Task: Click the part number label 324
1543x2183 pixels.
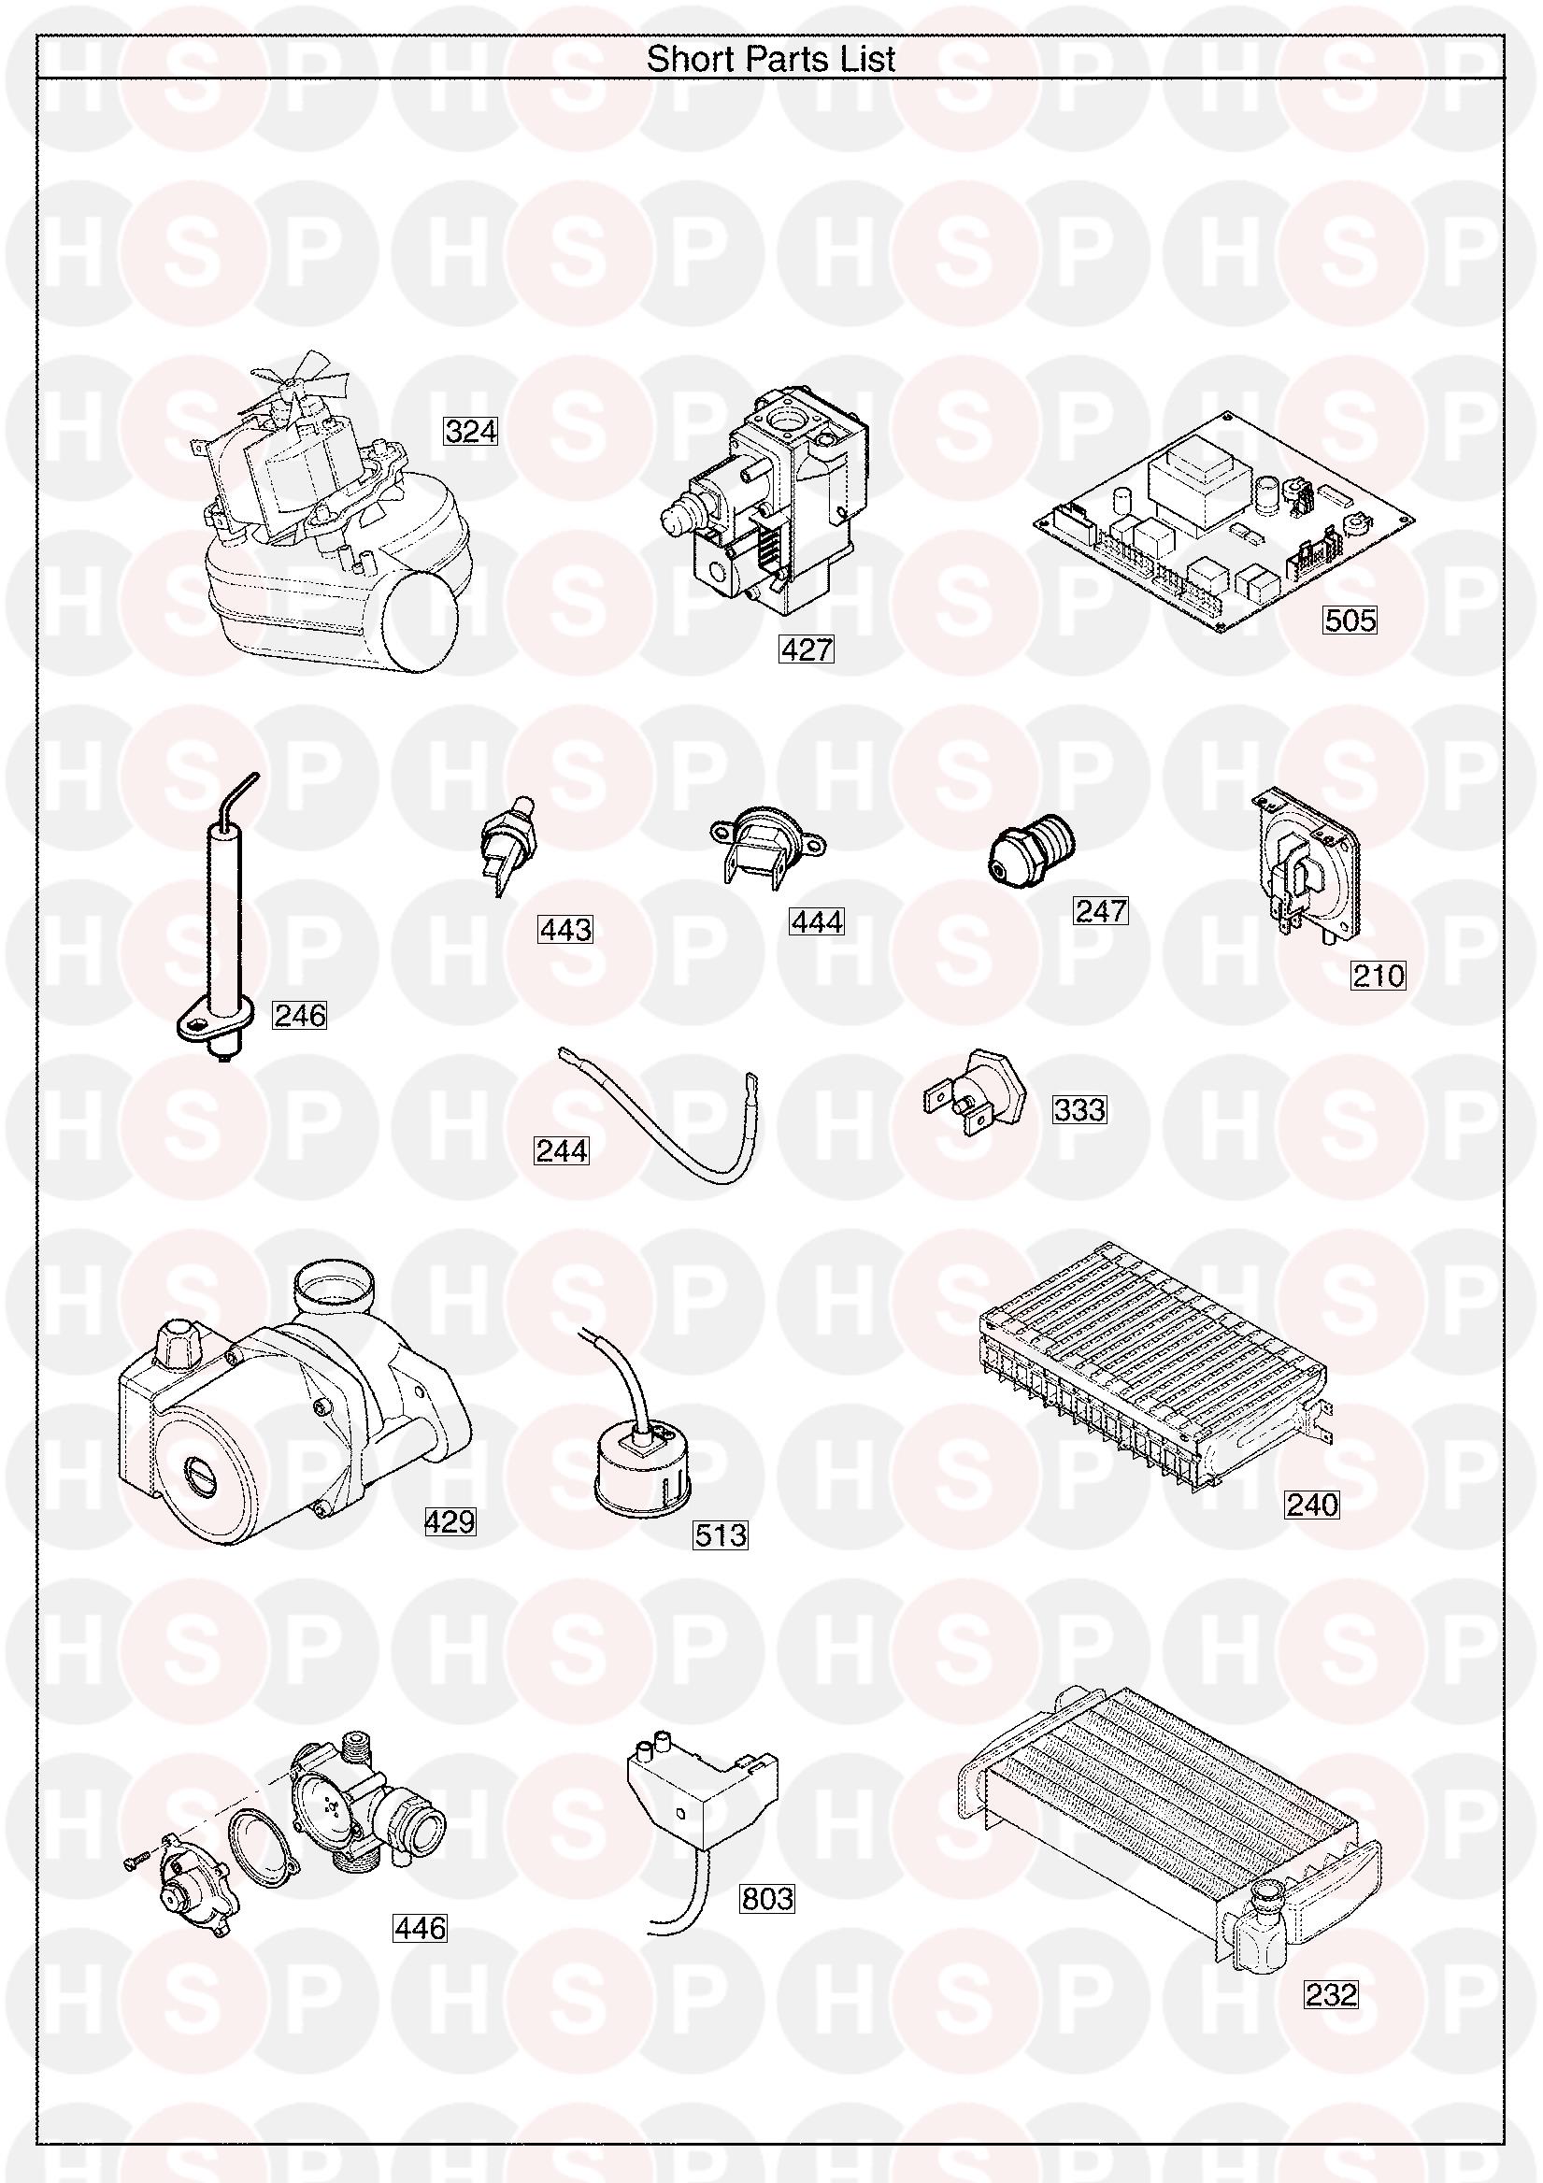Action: [472, 432]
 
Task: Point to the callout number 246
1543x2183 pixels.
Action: [300, 1016]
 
